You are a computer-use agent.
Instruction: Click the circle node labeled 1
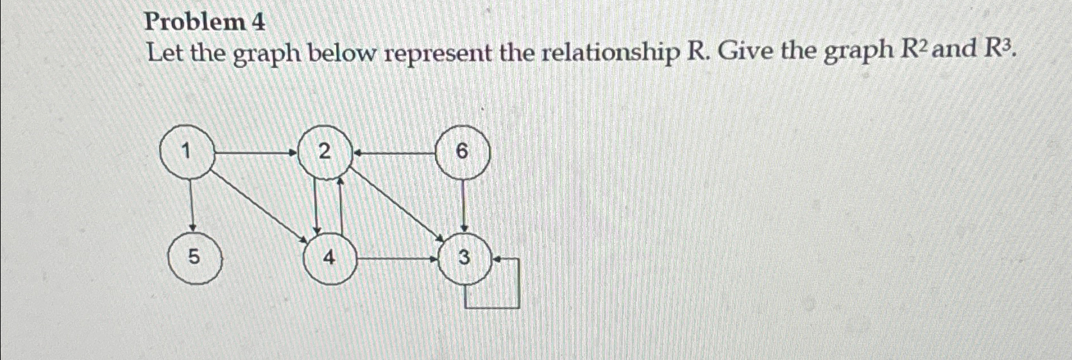click(185, 152)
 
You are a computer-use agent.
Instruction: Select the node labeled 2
click(325, 152)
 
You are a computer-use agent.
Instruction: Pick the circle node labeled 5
click(194, 258)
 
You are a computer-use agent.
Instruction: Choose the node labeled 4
click(328, 258)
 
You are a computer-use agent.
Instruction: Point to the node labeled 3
click(464, 258)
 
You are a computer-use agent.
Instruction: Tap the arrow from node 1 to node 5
click(191, 205)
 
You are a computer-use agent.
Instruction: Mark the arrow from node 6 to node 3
click(464, 205)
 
